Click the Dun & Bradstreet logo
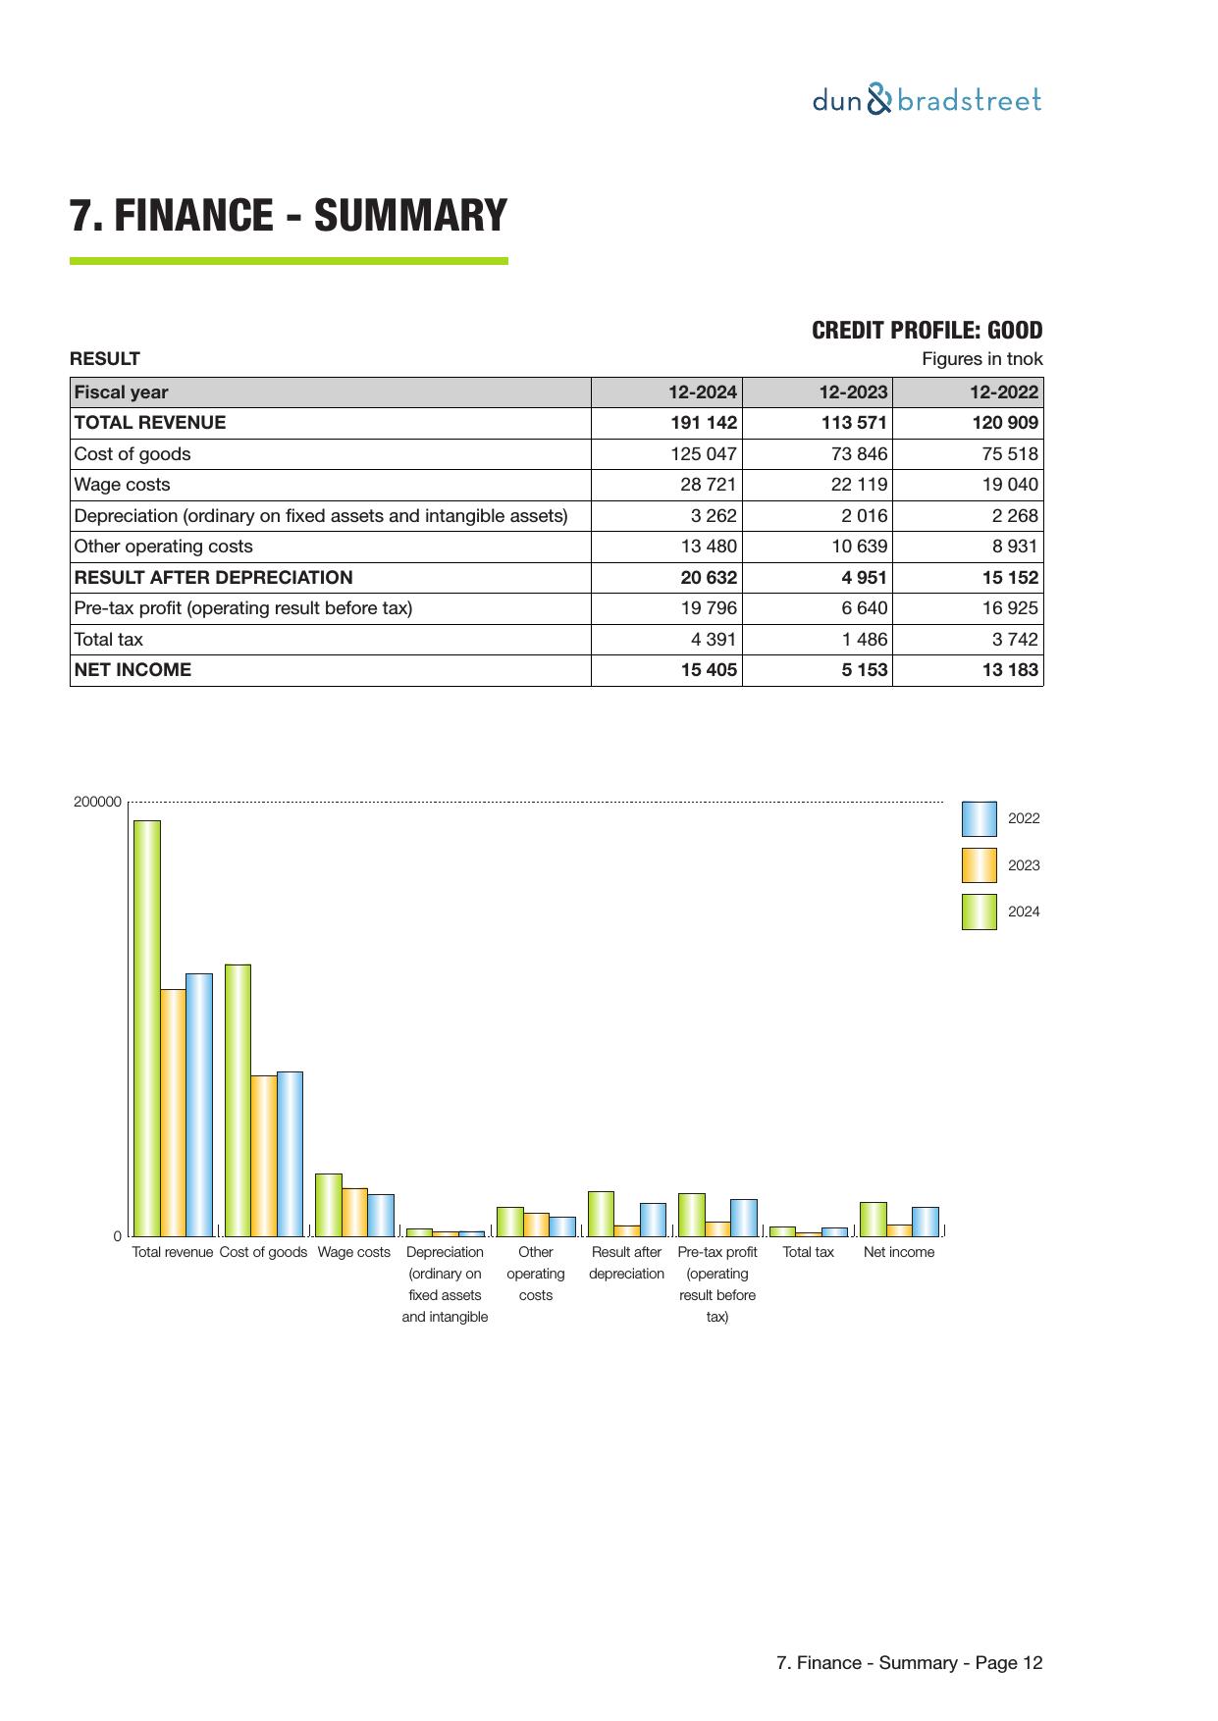click(927, 100)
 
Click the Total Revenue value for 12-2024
click(703, 423)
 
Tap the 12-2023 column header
click(853, 392)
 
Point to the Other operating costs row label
click(163, 547)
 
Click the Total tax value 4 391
click(714, 640)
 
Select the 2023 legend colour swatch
click(979, 865)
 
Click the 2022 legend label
click(1024, 818)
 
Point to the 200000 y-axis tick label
click(97, 802)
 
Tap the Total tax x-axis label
click(808, 1252)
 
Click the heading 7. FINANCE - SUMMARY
click(289, 216)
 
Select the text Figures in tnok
click(981, 359)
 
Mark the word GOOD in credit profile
click(1014, 331)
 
